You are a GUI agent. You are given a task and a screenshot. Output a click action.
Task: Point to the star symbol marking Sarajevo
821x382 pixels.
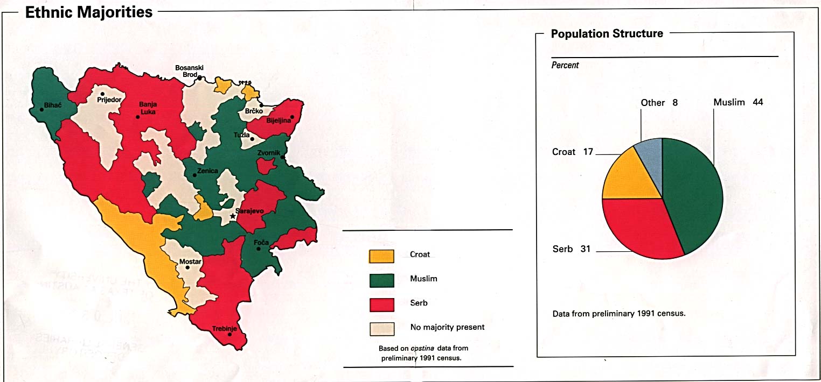[233, 216]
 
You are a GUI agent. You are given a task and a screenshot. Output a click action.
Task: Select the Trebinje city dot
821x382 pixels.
[230, 335]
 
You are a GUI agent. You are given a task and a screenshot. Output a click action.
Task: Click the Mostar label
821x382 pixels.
[190, 262]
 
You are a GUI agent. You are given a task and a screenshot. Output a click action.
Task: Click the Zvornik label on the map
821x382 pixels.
[268, 153]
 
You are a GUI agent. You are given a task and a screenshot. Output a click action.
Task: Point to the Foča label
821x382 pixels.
[262, 243]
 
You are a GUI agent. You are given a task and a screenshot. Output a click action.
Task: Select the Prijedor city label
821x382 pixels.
[109, 100]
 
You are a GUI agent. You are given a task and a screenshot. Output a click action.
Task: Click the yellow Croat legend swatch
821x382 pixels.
[381, 256]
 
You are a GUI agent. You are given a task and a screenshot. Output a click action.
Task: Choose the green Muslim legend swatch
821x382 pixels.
[381, 280]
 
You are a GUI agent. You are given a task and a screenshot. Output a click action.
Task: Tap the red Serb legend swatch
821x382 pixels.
[381, 305]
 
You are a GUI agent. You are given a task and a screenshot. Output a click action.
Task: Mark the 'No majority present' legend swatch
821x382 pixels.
[381, 328]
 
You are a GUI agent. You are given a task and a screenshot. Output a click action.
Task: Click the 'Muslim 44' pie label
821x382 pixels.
[738, 102]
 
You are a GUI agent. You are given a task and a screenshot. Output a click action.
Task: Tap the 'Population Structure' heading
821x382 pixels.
[607, 34]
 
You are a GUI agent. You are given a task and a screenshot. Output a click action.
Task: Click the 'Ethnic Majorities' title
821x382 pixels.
[89, 12]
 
